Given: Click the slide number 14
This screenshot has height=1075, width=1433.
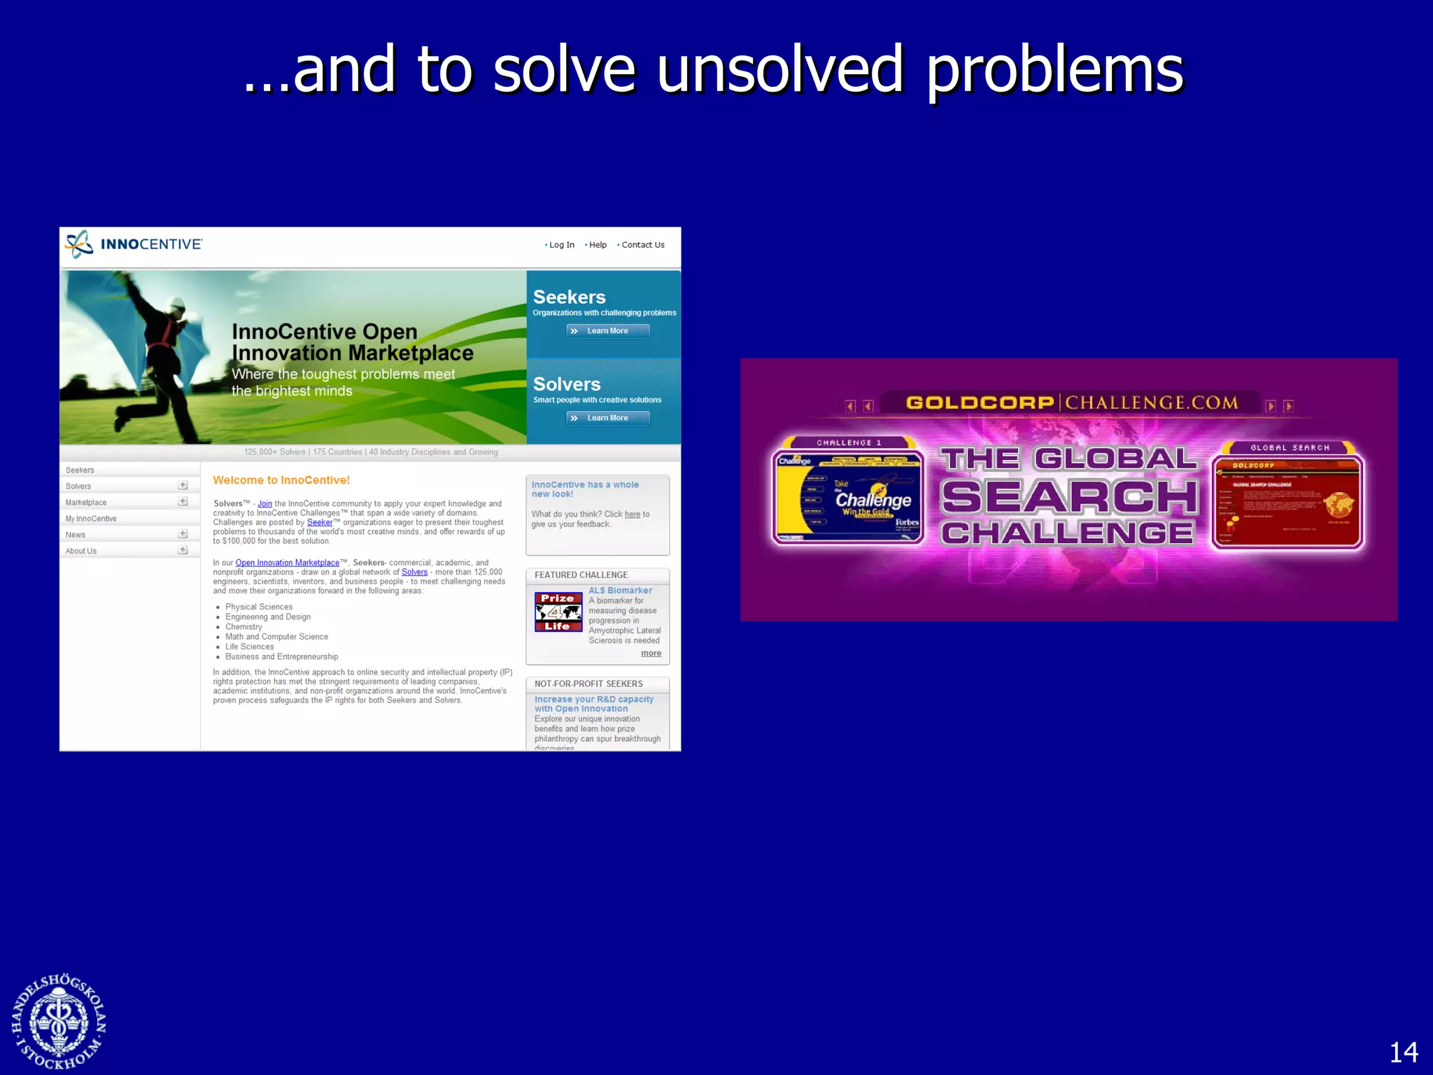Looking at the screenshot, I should (x=1403, y=1052).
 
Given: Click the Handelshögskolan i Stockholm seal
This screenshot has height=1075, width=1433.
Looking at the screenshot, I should (x=59, y=1022).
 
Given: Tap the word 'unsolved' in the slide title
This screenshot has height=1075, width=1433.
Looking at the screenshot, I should (x=780, y=70).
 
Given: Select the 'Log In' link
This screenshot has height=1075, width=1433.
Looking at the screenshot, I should (x=561, y=245).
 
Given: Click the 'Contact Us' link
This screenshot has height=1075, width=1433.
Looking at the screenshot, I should (x=642, y=245).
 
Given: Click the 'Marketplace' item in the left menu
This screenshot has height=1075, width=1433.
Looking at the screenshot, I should (x=86, y=503).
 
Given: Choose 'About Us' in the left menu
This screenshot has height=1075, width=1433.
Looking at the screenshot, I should (x=81, y=551).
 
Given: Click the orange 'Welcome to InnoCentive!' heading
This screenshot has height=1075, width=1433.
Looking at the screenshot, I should (x=281, y=480).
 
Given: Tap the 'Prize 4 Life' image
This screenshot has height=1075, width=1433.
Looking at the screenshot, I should (x=558, y=612).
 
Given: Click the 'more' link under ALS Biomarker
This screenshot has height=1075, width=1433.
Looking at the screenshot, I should (x=651, y=653).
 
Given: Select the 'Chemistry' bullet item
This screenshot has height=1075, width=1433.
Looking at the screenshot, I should (x=243, y=627).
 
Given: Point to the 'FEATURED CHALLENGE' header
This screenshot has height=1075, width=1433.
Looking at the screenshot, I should (x=581, y=575).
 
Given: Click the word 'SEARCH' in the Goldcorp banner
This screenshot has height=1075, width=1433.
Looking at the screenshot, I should (x=1069, y=497).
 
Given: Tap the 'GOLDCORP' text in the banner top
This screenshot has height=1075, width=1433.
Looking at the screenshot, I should (x=980, y=403).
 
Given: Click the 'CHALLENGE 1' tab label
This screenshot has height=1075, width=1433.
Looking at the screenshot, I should (x=849, y=443).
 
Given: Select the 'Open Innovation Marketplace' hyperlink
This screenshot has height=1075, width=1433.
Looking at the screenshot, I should (x=287, y=563).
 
